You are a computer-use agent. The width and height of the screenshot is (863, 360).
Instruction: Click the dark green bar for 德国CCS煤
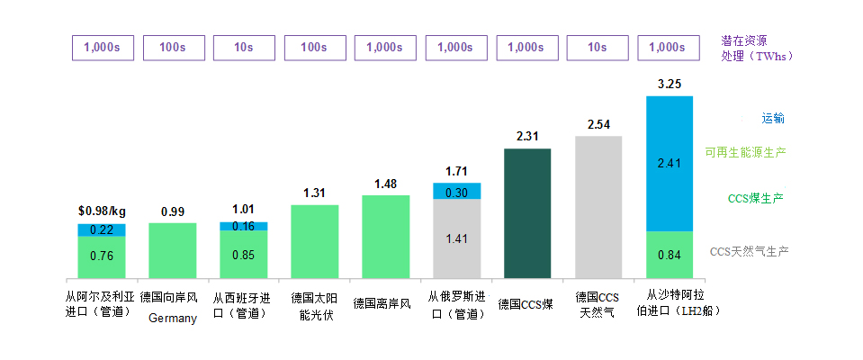[527, 213]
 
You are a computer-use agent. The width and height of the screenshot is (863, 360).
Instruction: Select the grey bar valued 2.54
[598, 207]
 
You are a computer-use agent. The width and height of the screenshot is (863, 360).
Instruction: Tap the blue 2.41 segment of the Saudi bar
[670, 164]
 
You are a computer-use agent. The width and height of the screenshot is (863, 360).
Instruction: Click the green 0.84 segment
[670, 255]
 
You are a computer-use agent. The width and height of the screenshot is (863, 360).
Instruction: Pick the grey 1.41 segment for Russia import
[456, 238]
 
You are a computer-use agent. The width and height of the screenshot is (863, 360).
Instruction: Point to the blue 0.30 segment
[456, 191]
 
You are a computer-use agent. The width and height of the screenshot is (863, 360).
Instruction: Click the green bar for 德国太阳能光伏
[315, 241]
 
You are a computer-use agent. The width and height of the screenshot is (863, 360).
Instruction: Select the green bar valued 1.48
[385, 237]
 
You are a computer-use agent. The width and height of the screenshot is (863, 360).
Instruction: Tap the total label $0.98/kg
[102, 211]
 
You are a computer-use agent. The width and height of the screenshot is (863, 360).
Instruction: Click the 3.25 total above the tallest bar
[670, 84]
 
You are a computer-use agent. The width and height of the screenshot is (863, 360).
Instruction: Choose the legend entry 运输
[773, 118]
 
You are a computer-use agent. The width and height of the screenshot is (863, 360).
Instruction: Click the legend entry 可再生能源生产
[745, 152]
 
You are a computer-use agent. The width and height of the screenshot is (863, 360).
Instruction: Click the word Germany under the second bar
[172, 318]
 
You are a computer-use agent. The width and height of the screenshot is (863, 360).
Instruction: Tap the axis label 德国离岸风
[382, 302]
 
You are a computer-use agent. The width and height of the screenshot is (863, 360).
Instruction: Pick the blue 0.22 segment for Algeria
[101, 230]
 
